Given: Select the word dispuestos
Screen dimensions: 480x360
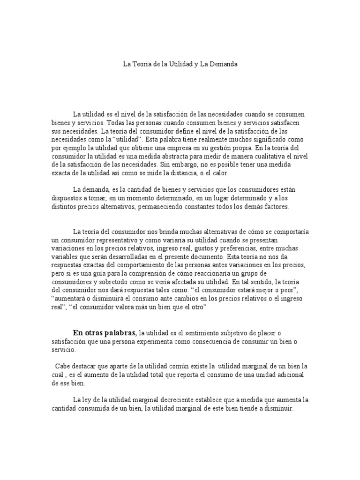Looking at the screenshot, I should tap(67, 198).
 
